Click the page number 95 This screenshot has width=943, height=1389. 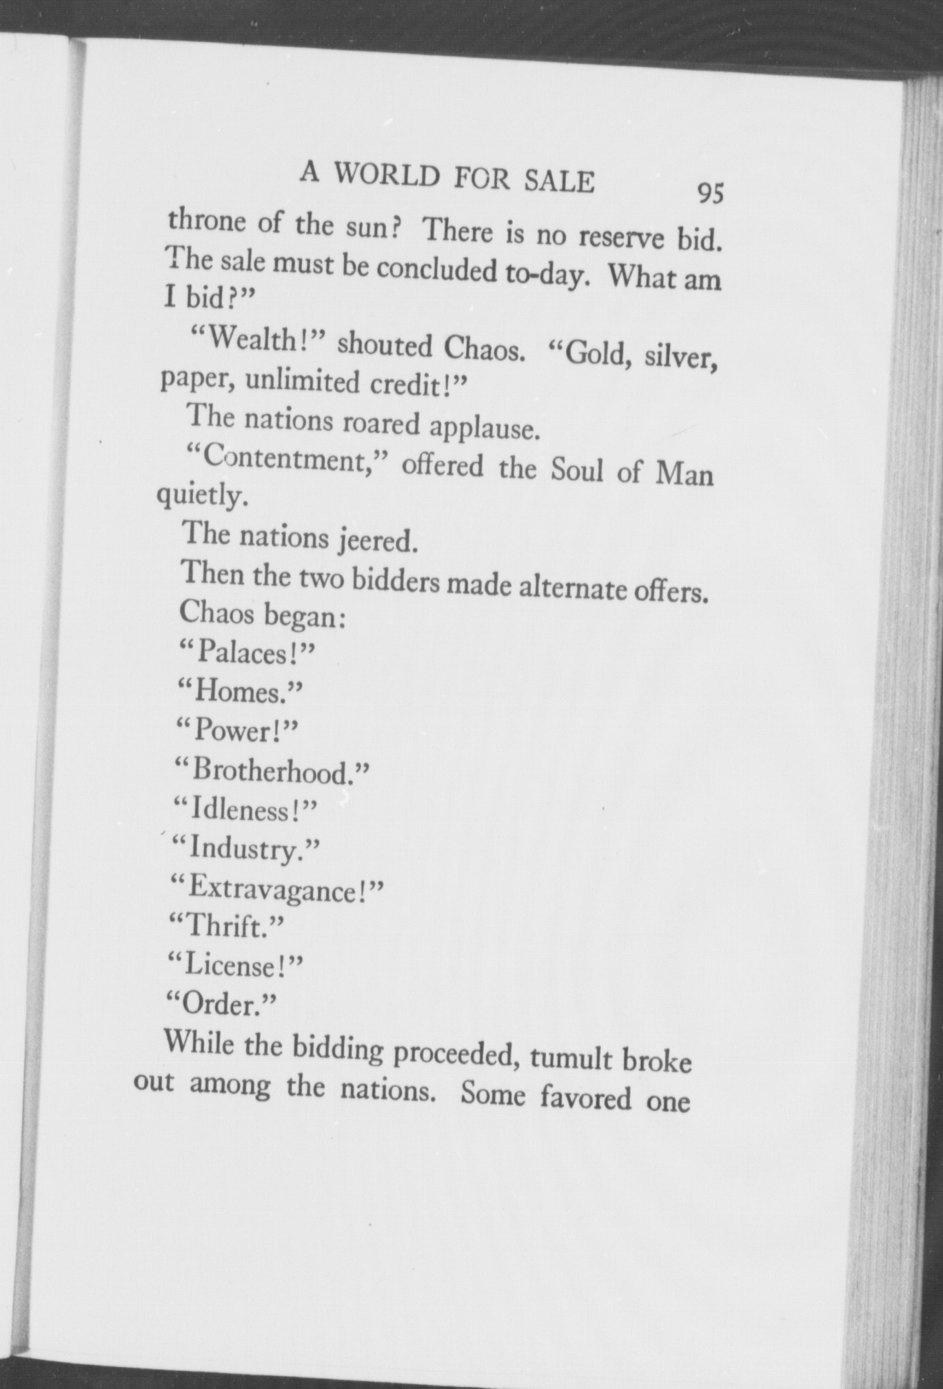(x=710, y=194)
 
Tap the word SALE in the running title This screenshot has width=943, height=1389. (x=558, y=181)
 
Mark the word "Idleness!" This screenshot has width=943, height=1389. (x=245, y=810)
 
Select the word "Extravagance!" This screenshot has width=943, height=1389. (x=276, y=889)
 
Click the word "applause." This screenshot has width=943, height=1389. (x=483, y=427)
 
